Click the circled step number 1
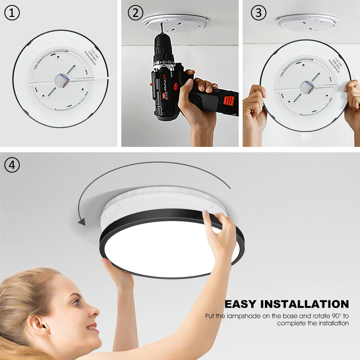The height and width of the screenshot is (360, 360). pos(12,13)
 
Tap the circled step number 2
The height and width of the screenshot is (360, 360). pos(135,13)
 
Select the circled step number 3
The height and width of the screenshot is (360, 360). pos(258,13)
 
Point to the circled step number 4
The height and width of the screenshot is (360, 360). pos(12,165)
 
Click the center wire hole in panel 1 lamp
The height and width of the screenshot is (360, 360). pos(61,80)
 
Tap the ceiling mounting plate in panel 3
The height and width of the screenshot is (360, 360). pos(307,22)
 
